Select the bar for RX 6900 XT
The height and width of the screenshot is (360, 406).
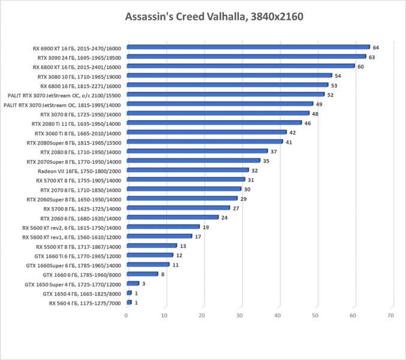(x=248, y=47)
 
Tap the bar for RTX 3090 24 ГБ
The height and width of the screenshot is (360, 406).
(x=246, y=56)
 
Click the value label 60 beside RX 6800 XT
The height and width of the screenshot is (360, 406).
(x=360, y=66)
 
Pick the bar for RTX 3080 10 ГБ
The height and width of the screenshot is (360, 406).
(x=228, y=76)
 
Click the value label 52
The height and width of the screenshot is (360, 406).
(x=330, y=95)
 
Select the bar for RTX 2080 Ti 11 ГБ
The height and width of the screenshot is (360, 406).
(x=213, y=123)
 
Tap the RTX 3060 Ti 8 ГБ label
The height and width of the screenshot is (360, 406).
(x=77, y=133)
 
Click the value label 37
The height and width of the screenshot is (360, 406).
(x=273, y=152)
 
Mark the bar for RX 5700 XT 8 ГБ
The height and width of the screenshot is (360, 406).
(x=185, y=180)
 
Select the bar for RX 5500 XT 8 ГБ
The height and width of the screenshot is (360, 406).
(x=151, y=245)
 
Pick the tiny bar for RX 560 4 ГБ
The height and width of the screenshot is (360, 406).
(x=128, y=303)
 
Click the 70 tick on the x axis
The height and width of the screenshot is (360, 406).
(x=391, y=315)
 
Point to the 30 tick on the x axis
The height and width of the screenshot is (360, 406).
(x=239, y=315)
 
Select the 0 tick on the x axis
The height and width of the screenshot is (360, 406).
(x=126, y=315)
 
